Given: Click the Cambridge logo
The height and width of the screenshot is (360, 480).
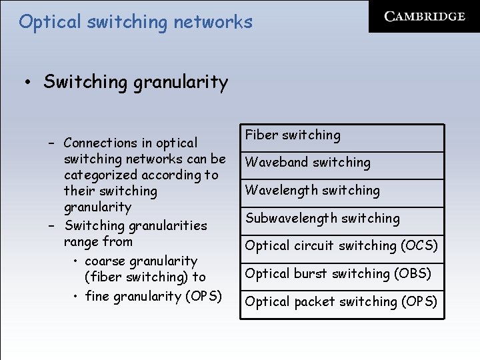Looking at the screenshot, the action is [425, 16].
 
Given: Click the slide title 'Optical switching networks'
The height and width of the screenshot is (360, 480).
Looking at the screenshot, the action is [136, 22].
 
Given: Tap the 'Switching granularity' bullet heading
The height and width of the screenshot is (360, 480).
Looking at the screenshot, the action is [135, 82].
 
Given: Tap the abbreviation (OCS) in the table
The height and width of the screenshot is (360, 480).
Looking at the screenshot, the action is [419, 246].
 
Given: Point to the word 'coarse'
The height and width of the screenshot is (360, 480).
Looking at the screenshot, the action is [105, 261].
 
